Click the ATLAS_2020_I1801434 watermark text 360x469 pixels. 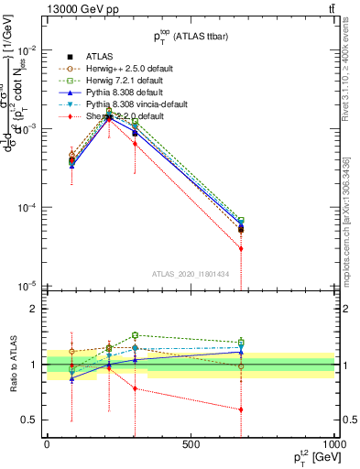pos(190,274)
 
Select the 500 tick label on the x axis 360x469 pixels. pos(191,444)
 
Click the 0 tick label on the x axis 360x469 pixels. pos(47,444)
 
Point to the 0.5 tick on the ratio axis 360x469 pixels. pos(32,420)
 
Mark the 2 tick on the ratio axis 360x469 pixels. pos(35,309)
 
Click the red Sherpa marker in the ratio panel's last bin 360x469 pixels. pos(241,409)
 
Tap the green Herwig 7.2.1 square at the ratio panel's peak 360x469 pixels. pos(135,335)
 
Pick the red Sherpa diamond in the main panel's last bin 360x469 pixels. pos(241,248)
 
